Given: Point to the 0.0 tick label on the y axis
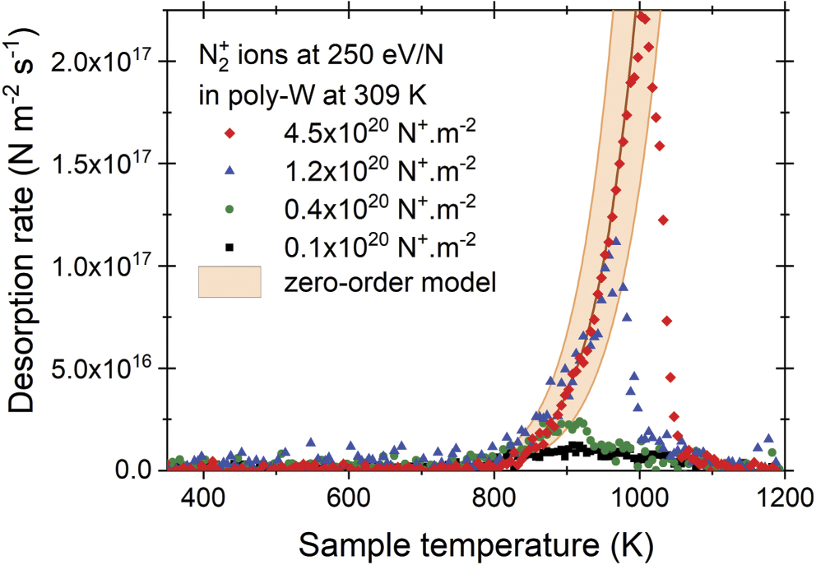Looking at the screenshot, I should point(132,471).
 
